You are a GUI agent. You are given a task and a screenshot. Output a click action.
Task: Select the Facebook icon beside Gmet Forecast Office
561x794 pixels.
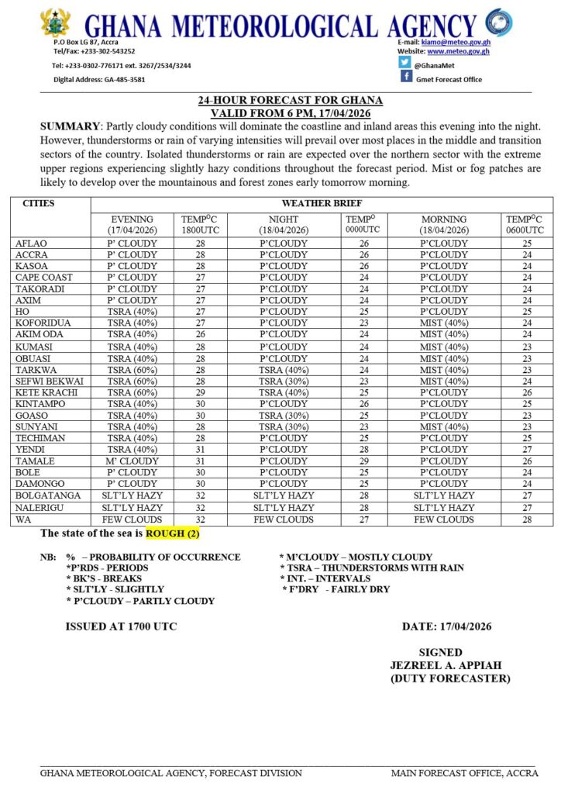(x=406, y=77)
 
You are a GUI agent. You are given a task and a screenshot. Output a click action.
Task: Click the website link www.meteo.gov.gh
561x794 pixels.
(x=461, y=51)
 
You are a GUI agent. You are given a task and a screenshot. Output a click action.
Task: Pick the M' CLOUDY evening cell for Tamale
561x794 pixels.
(x=133, y=461)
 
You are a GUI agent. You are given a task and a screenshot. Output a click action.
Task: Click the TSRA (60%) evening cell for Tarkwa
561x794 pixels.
(x=133, y=370)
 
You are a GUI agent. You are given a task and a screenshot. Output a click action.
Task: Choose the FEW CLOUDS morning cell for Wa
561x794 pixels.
(x=444, y=519)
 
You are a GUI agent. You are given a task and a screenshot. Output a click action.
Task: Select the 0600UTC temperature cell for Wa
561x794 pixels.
(x=528, y=519)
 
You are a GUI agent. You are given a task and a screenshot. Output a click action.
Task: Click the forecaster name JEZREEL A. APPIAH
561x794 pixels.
(x=440, y=665)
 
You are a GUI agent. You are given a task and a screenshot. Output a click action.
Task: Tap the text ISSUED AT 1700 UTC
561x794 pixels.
(x=121, y=627)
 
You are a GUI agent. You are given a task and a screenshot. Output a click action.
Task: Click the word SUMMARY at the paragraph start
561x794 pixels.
(x=68, y=126)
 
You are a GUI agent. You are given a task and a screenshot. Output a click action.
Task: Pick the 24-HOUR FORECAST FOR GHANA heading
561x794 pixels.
(x=290, y=101)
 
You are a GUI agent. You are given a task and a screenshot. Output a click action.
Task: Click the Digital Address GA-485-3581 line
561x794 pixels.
(x=98, y=80)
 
